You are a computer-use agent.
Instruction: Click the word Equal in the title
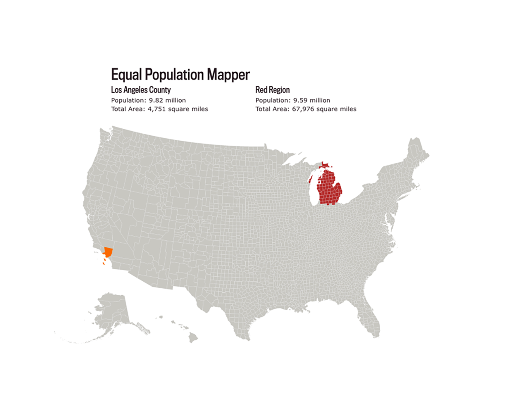tap(126, 75)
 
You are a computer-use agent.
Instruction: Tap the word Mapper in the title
tap(228, 75)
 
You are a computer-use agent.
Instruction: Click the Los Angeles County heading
tap(141, 90)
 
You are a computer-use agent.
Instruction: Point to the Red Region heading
tap(272, 90)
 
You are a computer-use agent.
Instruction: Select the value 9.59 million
tap(312, 100)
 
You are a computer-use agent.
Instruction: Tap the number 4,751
tap(157, 109)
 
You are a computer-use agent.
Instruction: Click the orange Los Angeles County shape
tap(108, 251)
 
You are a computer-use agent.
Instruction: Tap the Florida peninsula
tap(371, 320)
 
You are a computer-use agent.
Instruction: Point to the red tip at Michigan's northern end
tap(325, 165)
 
